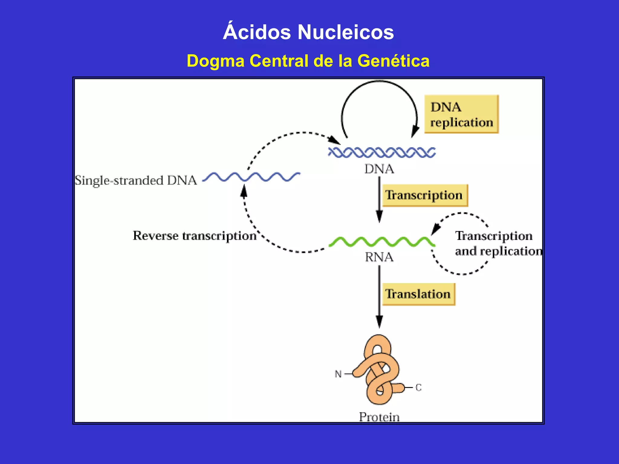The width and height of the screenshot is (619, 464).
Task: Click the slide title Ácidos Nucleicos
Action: pyautogui.click(x=308, y=32)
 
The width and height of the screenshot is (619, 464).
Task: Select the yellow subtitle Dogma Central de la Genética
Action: pyautogui.click(x=308, y=61)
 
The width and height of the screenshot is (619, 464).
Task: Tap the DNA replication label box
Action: pyautogui.click(x=461, y=114)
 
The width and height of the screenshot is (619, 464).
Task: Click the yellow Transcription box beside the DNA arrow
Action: pyautogui.click(x=425, y=195)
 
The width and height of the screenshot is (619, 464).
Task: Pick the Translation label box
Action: pyautogui.click(x=418, y=294)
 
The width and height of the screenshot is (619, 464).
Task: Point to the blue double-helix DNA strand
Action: pyautogui.click(x=382, y=153)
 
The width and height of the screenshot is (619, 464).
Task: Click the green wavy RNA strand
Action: pyautogui.click(x=382, y=242)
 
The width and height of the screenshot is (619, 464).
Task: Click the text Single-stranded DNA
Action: pyautogui.click(x=136, y=180)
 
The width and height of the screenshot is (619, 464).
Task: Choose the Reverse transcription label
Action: pyautogui.click(x=195, y=236)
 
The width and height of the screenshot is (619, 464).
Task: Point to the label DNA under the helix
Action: pyautogui.click(x=379, y=169)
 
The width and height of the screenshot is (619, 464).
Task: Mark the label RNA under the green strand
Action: pyautogui.click(x=379, y=257)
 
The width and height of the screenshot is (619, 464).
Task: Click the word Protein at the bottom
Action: pyautogui.click(x=379, y=417)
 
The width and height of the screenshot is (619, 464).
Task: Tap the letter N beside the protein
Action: pyautogui.click(x=338, y=374)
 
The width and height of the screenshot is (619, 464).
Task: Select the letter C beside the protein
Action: pyautogui.click(x=418, y=388)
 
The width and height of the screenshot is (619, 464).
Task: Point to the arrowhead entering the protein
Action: pyautogui.click(x=379, y=322)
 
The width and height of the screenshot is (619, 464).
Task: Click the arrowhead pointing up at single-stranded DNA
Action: pyautogui.click(x=244, y=191)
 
